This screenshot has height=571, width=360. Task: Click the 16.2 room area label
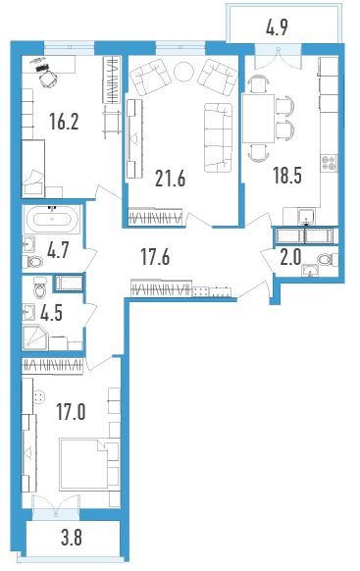(64, 122)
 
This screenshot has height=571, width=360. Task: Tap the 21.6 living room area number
(170, 179)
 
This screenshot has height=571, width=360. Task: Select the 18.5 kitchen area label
(287, 176)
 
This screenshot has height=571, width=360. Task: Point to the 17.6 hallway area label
(155, 257)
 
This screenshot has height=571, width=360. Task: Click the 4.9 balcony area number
(277, 27)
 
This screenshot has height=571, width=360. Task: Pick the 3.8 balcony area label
(72, 538)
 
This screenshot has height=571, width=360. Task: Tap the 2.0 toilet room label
(290, 258)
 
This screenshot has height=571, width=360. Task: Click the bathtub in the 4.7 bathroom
(52, 219)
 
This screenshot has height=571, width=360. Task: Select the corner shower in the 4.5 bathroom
(34, 338)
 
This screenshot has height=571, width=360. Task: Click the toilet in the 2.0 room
(327, 260)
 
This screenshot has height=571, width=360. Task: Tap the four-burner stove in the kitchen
(329, 163)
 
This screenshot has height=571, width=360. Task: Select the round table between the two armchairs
(184, 72)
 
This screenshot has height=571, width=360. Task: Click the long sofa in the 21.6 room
(218, 137)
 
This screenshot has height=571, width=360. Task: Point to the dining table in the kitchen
(258, 119)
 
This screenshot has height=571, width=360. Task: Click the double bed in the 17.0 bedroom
(89, 464)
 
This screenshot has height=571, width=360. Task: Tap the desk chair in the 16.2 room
(48, 78)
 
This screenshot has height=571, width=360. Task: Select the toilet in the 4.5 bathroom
(39, 286)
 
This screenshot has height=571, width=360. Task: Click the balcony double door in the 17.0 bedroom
(56, 506)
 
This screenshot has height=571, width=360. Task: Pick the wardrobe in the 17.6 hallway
(161, 288)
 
